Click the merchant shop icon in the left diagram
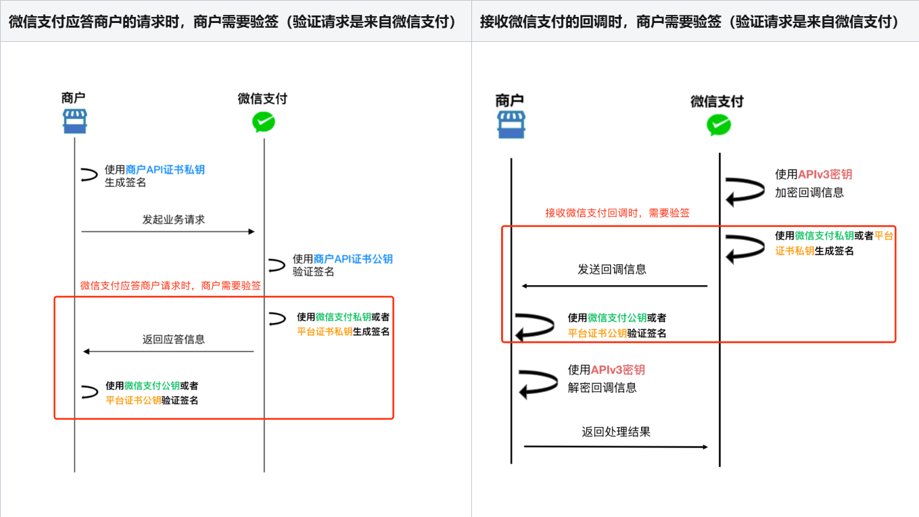click(x=74, y=122)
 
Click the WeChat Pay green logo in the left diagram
click(x=264, y=122)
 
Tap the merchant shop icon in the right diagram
click(x=511, y=125)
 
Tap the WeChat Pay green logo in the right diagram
click(x=718, y=125)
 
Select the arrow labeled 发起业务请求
click(x=168, y=232)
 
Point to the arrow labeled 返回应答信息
click(x=168, y=351)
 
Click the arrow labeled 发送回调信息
click(x=614, y=286)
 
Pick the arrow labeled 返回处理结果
click(x=615, y=447)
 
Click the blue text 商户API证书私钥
click(x=165, y=170)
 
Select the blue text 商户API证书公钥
click(x=353, y=259)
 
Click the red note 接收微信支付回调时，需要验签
click(x=617, y=213)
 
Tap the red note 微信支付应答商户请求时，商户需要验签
click(x=170, y=286)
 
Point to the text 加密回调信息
click(x=809, y=192)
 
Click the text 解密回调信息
click(x=602, y=388)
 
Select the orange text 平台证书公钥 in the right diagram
click(x=597, y=333)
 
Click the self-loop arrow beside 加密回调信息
click(x=744, y=190)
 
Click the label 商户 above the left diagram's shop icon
click(x=73, y=98)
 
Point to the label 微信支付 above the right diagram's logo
click(x=717, y=101)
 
